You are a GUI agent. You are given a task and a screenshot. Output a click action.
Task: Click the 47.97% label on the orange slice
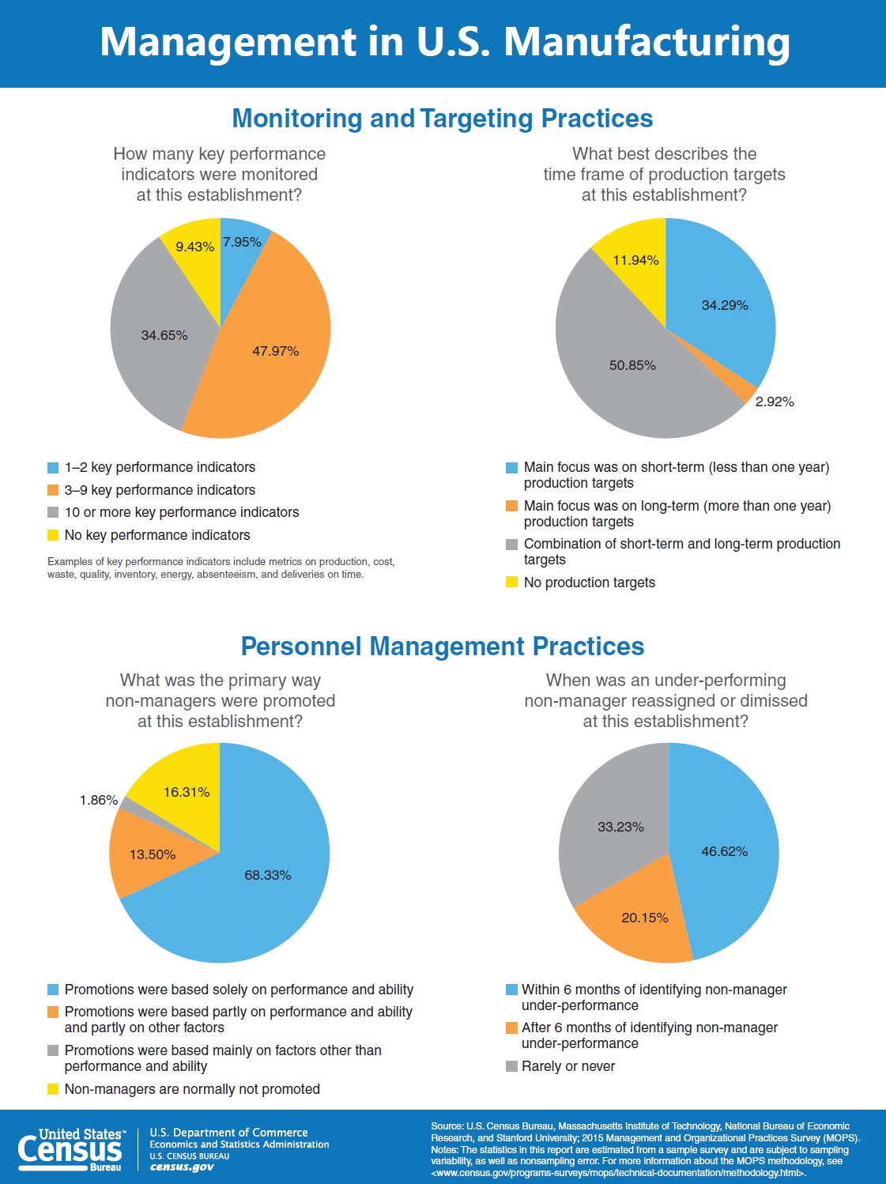276,351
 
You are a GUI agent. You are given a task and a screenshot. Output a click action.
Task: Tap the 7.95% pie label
242,242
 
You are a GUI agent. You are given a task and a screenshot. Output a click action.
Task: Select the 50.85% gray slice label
632,365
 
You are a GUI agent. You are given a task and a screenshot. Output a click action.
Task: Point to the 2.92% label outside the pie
775,402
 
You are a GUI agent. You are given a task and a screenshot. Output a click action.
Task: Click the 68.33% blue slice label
268,875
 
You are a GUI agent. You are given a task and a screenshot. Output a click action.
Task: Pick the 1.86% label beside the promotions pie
99,800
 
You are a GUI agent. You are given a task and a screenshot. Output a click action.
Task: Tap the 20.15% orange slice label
645,918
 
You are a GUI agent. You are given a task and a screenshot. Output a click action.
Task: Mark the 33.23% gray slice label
620,827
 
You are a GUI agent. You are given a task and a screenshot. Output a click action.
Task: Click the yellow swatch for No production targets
511,583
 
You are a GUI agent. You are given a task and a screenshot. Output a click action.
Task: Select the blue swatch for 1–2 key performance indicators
53,468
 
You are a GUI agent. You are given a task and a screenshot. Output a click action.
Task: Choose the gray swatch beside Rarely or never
511,1066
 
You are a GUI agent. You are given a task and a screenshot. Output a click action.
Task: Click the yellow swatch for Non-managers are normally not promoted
53,1089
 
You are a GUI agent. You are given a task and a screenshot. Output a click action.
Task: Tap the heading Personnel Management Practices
443,646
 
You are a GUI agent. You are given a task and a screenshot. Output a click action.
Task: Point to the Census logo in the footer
71,1150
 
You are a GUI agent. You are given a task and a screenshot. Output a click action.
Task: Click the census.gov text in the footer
182,1167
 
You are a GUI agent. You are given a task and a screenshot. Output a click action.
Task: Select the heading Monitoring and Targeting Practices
443,118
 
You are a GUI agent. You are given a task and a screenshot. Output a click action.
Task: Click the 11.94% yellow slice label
635,260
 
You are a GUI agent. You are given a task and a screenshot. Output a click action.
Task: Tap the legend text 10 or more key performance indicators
182,512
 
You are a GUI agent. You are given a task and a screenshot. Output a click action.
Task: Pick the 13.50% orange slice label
153,854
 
